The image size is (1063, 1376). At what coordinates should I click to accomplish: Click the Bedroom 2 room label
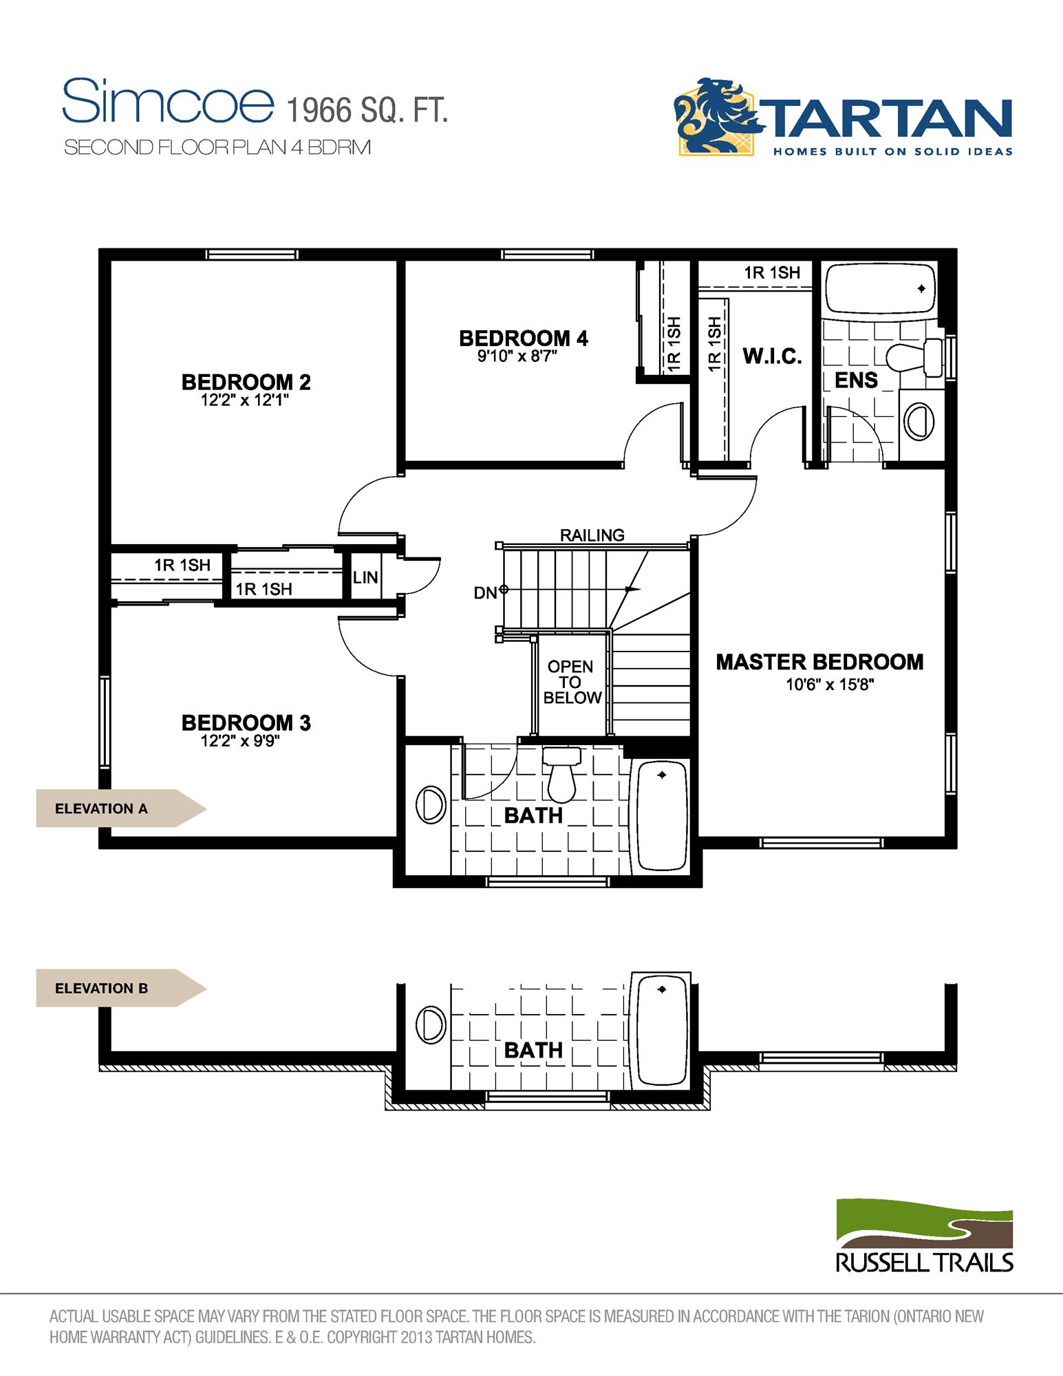tap(246, 382)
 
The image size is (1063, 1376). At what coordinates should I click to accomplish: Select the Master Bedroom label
tap(819, 662)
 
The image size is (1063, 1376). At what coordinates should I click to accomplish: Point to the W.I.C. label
tap(772, 356)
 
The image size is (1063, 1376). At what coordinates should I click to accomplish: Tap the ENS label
tap(856, 380)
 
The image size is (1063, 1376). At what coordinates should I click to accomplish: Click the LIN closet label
tap(365, 578)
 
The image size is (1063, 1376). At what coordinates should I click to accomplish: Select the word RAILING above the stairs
tap(592, 535)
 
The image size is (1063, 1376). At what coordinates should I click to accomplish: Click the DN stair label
tap(485, 592)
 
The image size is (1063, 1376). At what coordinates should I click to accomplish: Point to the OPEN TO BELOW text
tap(572, 682)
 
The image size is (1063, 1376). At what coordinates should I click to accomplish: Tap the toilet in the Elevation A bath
tap(561, 775)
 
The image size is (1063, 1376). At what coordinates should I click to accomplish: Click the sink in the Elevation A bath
tap(431, 804)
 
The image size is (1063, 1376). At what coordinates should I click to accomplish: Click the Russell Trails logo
tap(924, 1235)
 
